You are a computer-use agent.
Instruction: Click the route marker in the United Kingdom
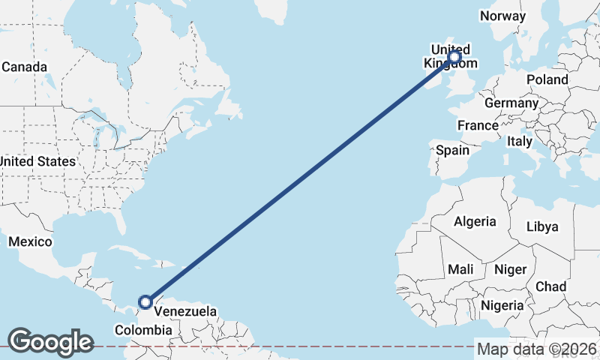tap(454, 56)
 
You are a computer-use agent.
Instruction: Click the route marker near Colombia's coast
tap(145, 303)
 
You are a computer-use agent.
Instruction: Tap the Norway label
tap(502, 16)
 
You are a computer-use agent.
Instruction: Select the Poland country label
tap(547, 79)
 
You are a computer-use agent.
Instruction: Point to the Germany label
tap(511, 103)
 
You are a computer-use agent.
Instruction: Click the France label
tap(478, 125)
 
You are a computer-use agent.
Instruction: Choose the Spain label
tap(452, 150)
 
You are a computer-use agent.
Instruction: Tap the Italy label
tap(519, 141)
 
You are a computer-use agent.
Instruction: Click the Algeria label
tap(474, 221)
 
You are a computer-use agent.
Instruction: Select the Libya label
tap(542, 226)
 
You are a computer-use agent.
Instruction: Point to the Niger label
tap(511, 269)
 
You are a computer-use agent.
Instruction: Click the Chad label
tap(550, 286)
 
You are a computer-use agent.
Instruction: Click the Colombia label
tap(143, 330)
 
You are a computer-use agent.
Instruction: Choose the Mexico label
tap(30, 241)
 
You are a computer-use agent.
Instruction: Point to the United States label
tap(37, 161)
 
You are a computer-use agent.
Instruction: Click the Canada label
tap(24, 67)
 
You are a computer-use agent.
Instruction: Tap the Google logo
tap(50, 342)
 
